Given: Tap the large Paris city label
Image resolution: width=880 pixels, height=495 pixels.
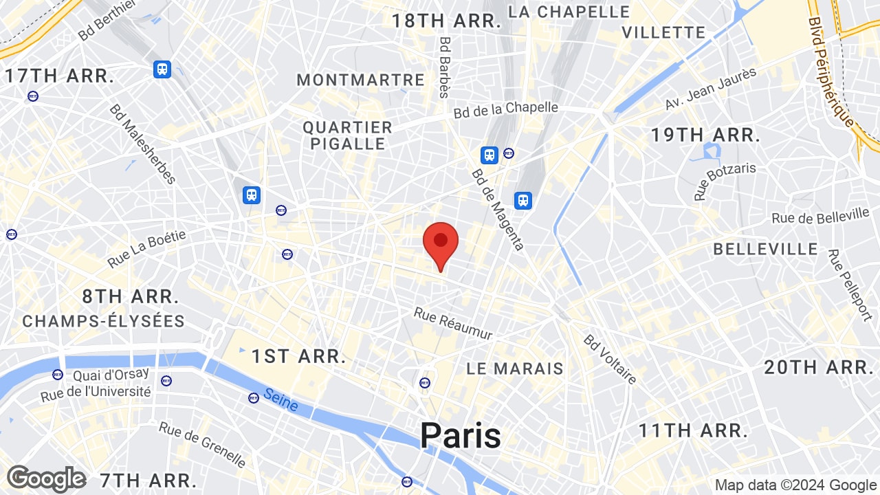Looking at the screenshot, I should [x=460, y=435].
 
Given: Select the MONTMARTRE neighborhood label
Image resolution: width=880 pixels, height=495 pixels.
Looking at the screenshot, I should [x=360, y=80].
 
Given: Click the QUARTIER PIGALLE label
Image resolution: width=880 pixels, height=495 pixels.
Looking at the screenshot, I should [x=348, y=135].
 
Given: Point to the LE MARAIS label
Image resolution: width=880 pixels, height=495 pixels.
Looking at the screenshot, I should [x=515, y=368].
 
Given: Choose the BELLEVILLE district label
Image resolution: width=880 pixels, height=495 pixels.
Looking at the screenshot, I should [x=765, y=249].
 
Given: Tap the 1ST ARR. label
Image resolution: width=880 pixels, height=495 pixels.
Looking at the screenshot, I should [x=298, y=356].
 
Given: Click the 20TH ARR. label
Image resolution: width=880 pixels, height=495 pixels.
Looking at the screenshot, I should [x=819, y=367].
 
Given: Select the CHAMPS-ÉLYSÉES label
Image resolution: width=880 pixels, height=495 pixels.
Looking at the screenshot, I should [x=104, y=321].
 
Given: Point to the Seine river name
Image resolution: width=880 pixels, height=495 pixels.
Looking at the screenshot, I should [x=280, y=399].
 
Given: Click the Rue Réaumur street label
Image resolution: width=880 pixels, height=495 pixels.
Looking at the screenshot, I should [x=453, y=323].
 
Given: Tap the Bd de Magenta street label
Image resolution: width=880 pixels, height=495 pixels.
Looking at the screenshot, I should [x=498, y=209].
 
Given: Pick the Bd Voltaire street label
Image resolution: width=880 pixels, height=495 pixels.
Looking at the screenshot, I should [x=610, y=359].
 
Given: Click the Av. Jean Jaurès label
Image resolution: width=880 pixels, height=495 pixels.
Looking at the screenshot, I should [x=710, y=89].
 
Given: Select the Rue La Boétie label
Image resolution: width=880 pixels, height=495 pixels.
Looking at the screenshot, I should [x=146, y=249].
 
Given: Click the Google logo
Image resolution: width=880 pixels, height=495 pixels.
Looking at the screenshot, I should [x=47, y=478].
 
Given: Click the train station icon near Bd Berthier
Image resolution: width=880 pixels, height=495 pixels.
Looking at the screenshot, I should [x=162, y=69].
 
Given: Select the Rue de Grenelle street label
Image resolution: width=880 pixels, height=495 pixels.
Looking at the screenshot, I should [x=202, y=443].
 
